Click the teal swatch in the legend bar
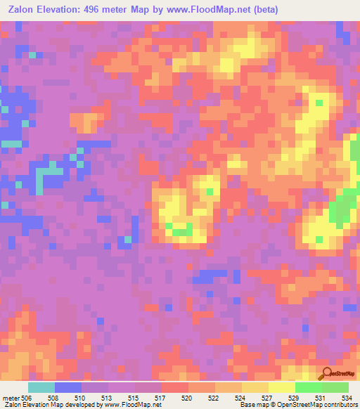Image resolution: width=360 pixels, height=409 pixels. [41, 387]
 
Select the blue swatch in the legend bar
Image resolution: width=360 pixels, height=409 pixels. [68, 387]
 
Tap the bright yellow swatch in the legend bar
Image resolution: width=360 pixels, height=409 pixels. [281, 387]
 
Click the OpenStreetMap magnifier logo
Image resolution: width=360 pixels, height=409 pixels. [326, 375]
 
